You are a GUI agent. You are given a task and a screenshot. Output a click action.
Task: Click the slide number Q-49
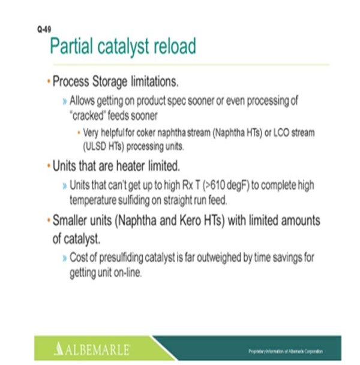[x=42, y=28]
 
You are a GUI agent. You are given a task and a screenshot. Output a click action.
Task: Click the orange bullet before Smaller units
[x=48, y=220]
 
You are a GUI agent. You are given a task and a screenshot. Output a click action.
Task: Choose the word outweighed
[x=211, y=258]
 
